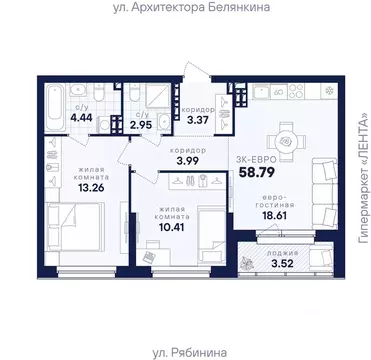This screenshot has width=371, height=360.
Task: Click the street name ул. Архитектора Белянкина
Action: (185, 10)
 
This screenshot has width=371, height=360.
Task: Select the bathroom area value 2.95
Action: (145, 124)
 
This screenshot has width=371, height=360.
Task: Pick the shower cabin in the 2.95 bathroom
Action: (159, 97)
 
